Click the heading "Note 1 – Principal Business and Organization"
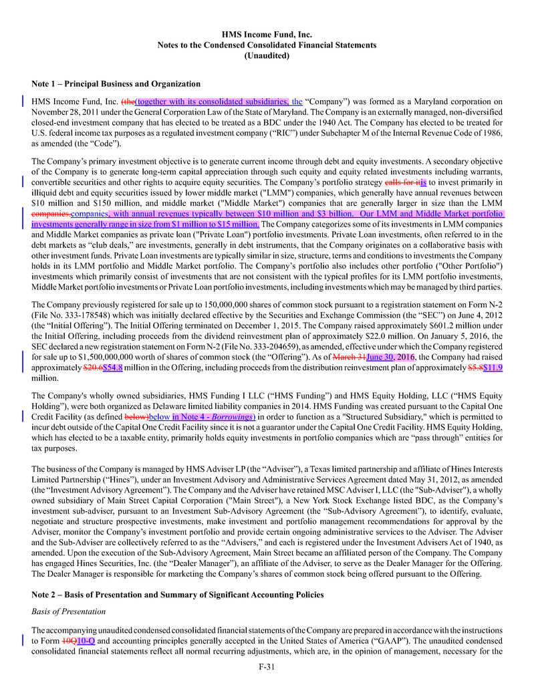coord(116,84)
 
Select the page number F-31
coord(267,666)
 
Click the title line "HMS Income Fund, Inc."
coord(267,34)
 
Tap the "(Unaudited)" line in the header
coord(267,55)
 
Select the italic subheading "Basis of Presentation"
coord(69,611)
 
